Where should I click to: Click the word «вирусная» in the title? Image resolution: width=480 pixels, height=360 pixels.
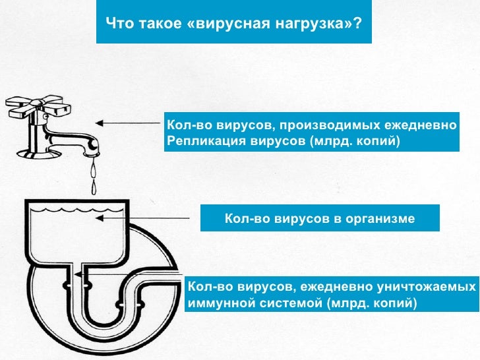point(220,24)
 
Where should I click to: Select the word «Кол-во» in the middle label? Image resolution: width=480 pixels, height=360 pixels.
point(246,218)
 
